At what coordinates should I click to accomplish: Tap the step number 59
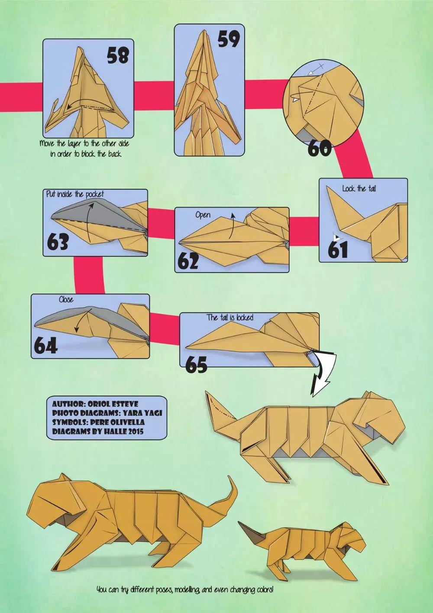229,39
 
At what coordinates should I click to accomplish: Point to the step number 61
338,249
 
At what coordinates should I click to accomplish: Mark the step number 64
45,345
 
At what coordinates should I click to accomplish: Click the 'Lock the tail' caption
359,188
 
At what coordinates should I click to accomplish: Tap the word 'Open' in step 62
203,215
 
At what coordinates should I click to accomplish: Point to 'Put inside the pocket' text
75,195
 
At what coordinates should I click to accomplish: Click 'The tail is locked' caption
230,317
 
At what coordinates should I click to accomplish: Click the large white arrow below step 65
323,372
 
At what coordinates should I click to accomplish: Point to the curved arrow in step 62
231,227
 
